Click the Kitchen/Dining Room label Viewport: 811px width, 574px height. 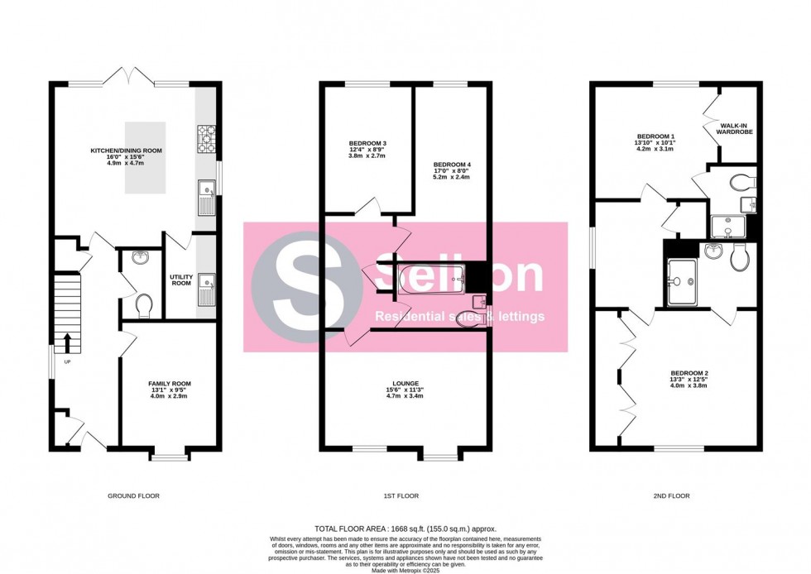click(126, 151)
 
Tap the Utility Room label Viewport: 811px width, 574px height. click(180, 280)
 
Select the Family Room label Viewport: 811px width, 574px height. click(170, 384)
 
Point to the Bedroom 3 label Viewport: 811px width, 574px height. click(367, 143)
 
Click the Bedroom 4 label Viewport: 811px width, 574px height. click(451, 165)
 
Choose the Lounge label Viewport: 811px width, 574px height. click(405, 384)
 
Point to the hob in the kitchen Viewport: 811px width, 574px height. click(206, 139)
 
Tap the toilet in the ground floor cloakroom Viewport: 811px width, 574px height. click(143, 306)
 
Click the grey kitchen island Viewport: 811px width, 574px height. click(151, 157)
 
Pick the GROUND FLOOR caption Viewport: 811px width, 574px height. click(133, 496)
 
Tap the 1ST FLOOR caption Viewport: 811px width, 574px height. click(402, 496)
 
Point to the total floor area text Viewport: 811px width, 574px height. click(405, 529)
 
